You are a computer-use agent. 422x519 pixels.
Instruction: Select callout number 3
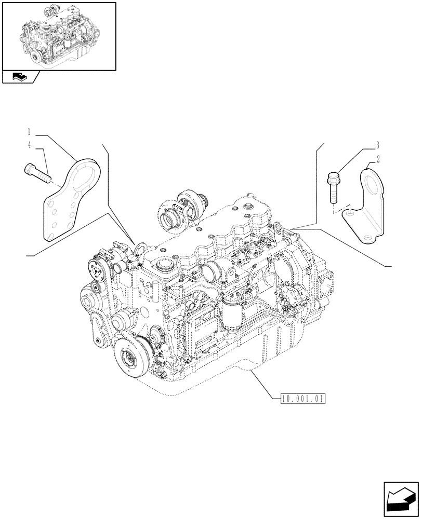(378, 145)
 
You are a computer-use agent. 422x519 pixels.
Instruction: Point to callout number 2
(379, 159)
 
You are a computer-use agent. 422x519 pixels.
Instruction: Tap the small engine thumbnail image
(58, 35)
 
